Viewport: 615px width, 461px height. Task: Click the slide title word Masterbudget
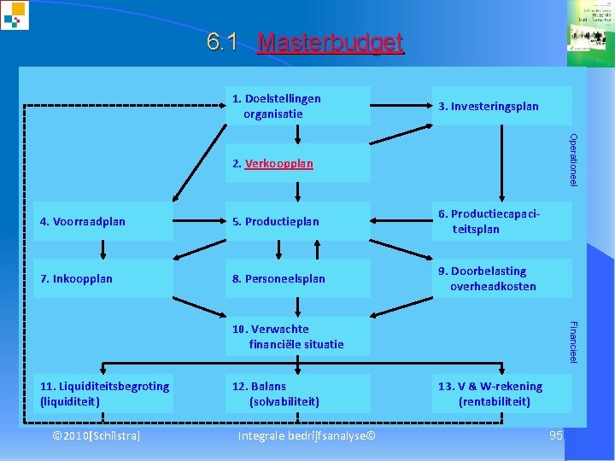click(x=330, y=43)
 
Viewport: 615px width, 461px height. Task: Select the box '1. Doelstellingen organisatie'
click(x=297, y=106)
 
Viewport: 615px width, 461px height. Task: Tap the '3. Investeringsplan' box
click(x=501, y=106)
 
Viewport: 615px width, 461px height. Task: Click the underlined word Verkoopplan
click(x=279, y=163)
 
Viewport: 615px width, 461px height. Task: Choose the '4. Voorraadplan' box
click(x=103, y=222)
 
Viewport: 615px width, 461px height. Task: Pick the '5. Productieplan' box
click(x=297, y=222)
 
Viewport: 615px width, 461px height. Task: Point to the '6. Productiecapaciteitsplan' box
click(x=501, y=222)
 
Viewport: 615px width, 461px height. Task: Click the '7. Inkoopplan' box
click(x=103, y=279)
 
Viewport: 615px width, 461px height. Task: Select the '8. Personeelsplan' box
click(x=297, y=279)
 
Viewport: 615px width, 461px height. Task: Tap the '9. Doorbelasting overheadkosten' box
click(x=501, y=279)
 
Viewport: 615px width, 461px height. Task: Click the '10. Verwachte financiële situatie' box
click(x=297, y=336)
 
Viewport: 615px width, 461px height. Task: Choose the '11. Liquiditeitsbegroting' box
click(x=103, y=394)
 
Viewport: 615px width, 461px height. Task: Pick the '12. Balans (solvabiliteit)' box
click(x=297, y=394)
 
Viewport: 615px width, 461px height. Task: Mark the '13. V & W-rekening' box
click(x=501, y=394)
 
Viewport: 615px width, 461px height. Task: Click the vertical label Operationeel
click(x=574, y=160)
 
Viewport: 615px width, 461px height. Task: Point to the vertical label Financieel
click(x=574, y=341)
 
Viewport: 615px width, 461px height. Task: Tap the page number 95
click(x=556, y=436)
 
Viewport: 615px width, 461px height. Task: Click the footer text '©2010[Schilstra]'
click(x=97, y=436)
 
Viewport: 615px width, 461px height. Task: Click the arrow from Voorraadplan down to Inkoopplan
click(x=103, y=249)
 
